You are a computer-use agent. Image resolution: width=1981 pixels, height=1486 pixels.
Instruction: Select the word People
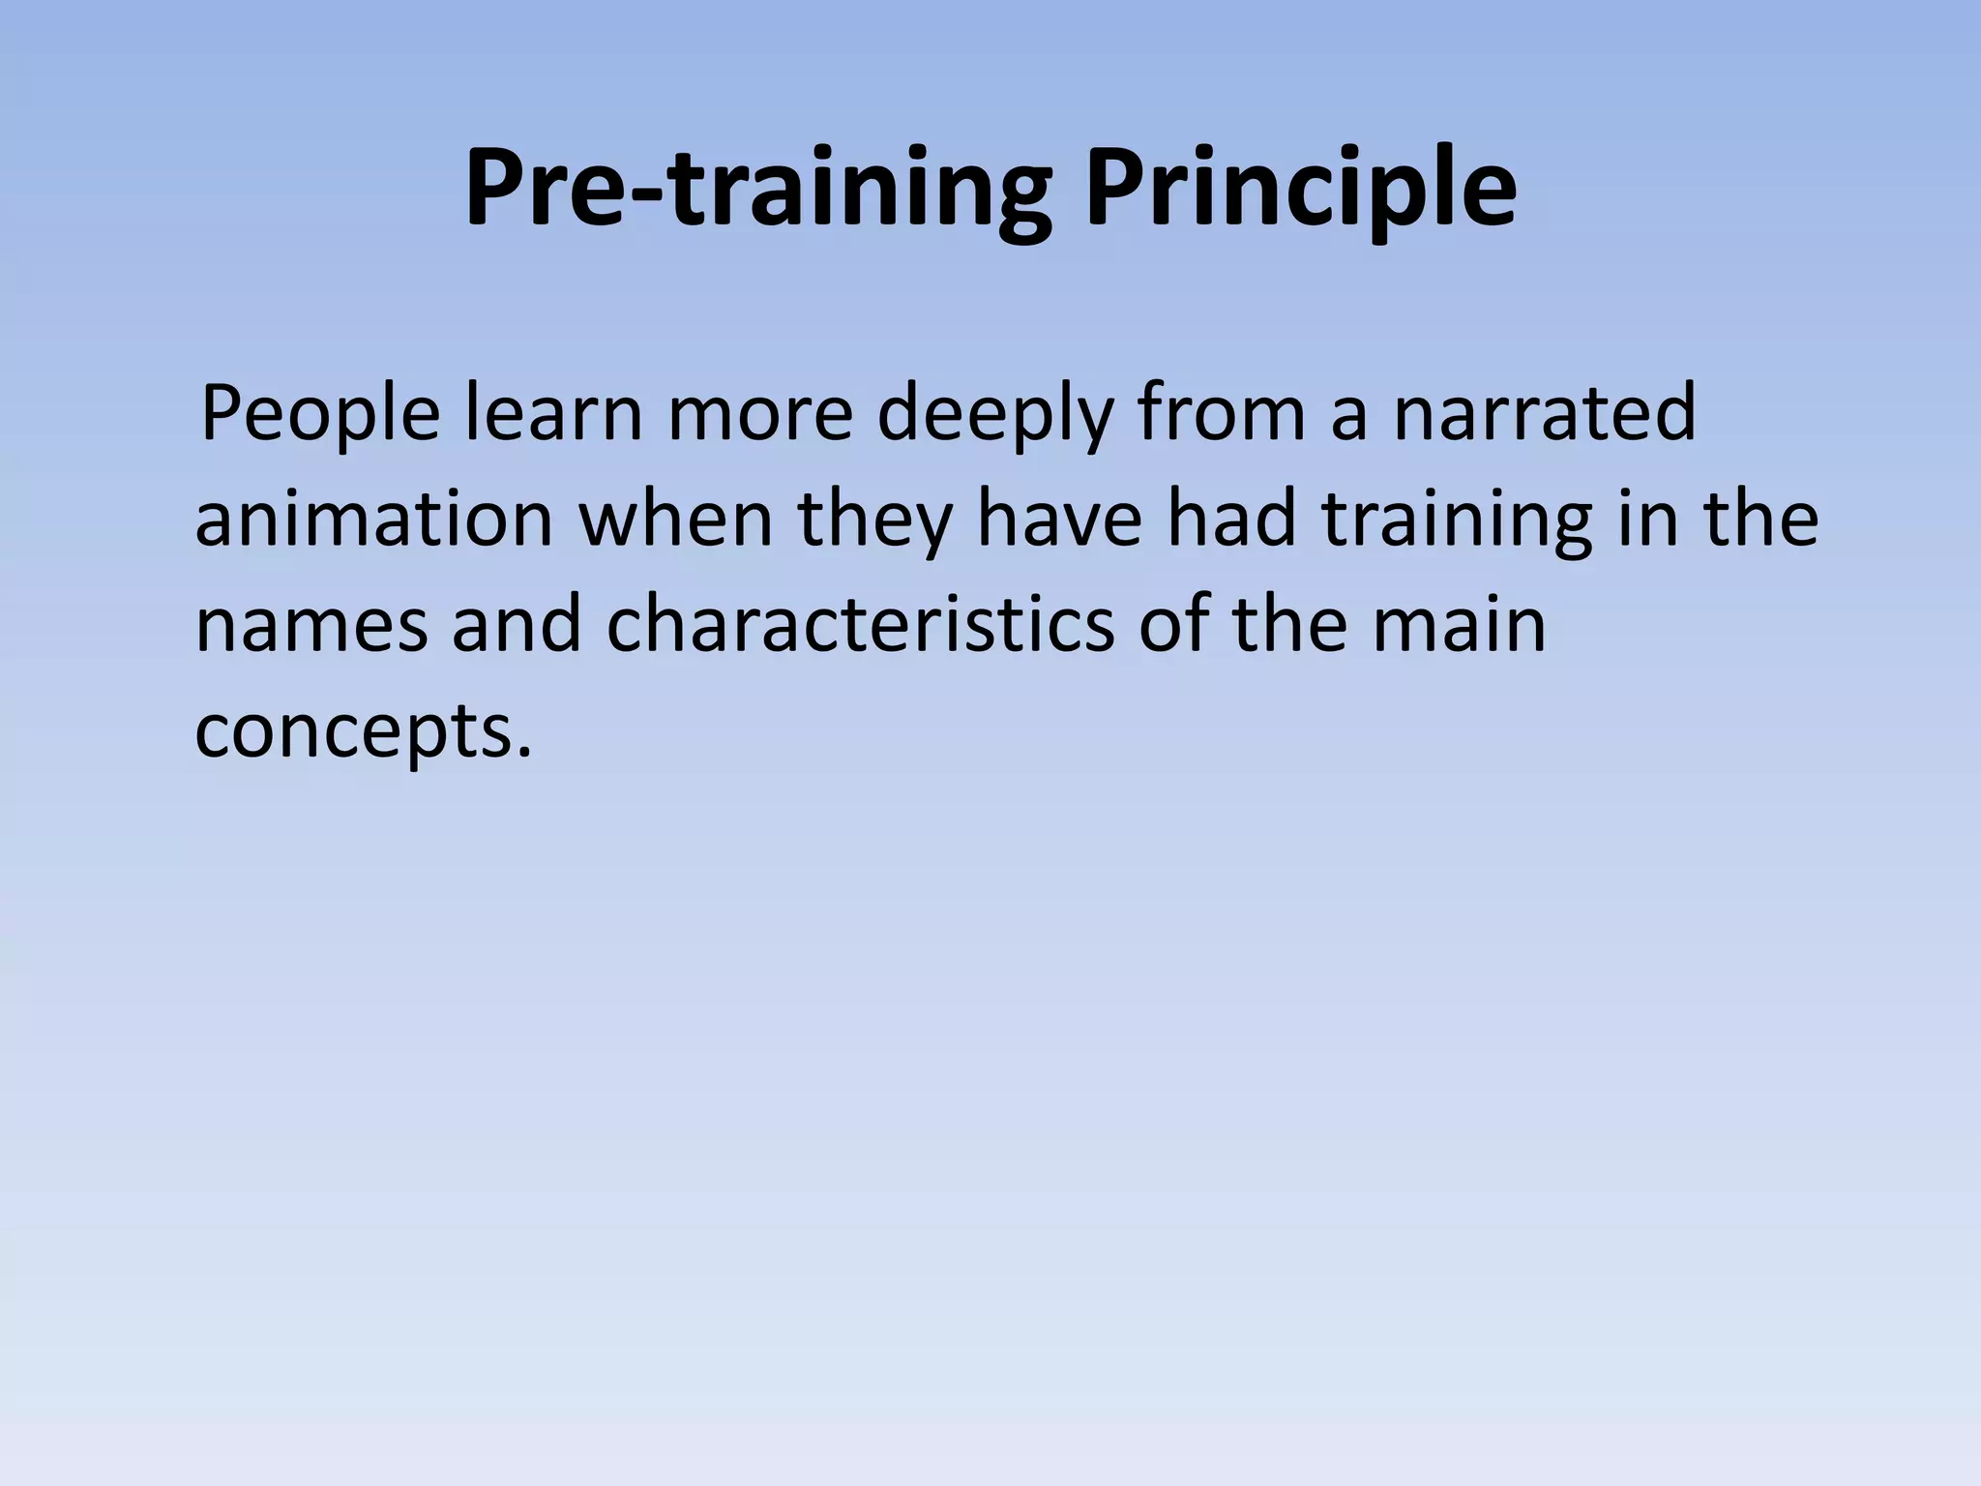tap(320, 414)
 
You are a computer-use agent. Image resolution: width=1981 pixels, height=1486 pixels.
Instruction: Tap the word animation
tap(373, 519)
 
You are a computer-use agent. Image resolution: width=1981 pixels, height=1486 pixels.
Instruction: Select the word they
tap(874, 520)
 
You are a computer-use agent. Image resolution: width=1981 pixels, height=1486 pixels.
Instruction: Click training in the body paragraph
tap(1457, 520)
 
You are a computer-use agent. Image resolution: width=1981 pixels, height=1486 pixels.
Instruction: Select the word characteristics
tap(860, 624)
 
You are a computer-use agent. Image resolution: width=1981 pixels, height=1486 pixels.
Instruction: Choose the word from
tap(1221, 412)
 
